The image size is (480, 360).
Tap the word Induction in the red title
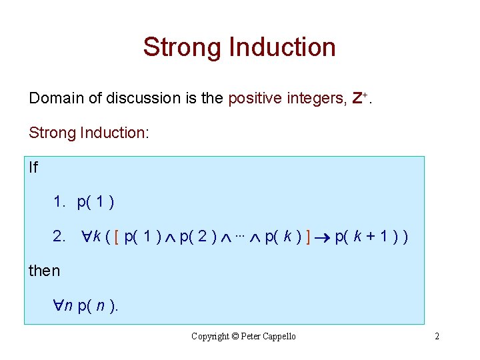[282, 47]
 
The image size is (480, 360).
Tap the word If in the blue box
[33, 167]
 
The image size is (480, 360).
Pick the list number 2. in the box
[59, 237]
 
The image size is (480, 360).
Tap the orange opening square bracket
[117, 237]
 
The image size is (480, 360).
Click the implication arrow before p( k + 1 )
[323, 237]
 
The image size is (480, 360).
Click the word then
[44, 271]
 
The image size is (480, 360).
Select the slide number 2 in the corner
[437, 337]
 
